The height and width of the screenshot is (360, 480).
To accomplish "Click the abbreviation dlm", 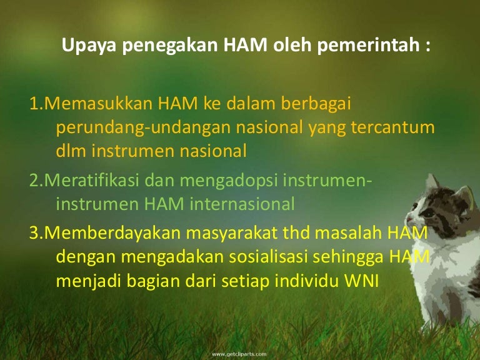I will [69, 150].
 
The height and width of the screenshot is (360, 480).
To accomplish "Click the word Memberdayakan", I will [102, 233].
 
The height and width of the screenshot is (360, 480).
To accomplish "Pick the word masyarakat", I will [223, 233].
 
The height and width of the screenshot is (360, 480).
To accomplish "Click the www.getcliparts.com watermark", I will [240, 354].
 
